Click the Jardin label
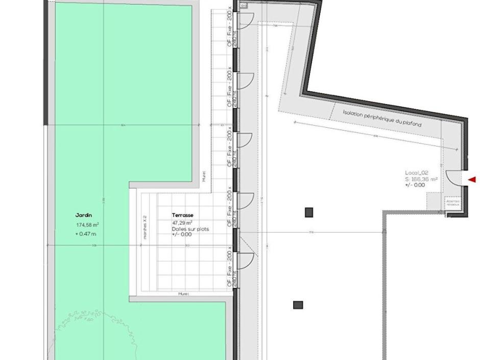coord(84,215)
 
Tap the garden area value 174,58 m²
coord(87,225)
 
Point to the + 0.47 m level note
coord(86,234)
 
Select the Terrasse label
coord(183,215)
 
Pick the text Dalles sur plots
coord(190,229)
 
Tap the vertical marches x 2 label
coord(145,227)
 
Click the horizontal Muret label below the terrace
coord(183,294)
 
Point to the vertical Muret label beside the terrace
coord(204,176)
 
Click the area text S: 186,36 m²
coord(421,179)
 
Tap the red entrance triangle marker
coord(472,179)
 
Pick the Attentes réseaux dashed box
coord(452,203)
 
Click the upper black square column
coord(309,212)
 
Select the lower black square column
coord(298,305)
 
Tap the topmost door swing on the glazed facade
coord(245,19)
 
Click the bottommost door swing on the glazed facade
coord(246,260)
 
